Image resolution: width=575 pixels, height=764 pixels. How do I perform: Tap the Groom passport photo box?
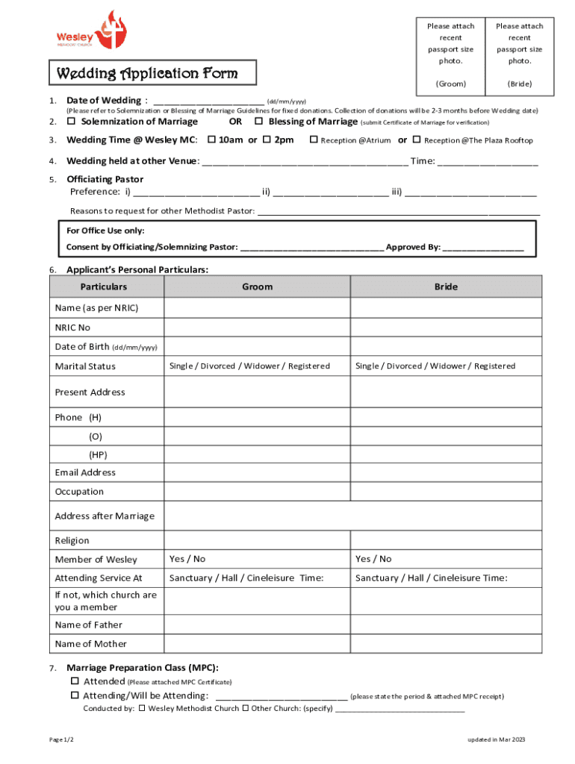click(450, 55)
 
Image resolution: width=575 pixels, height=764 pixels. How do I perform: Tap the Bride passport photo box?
click(518, 55)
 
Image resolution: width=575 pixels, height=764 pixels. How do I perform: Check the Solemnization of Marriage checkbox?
click(72, 122)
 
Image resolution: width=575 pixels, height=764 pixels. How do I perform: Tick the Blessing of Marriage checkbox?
click(259, 122)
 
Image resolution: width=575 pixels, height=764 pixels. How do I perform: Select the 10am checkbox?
click(211, 140)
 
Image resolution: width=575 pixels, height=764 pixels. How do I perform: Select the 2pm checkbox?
click(266, 140)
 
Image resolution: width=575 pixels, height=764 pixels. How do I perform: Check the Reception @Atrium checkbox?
click(314, 140)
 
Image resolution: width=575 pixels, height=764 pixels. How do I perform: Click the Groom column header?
click(257, 286)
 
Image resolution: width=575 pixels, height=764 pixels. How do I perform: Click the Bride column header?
click(446, 286)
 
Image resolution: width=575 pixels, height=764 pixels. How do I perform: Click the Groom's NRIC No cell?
click(257, 328)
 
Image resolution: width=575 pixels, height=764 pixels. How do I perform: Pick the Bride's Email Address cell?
click(446, 472)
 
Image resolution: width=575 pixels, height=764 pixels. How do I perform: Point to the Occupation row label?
click(79, 492)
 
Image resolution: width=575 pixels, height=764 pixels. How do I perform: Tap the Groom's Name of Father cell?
click(257, 624)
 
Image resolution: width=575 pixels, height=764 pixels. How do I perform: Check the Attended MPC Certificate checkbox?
click(75, 681)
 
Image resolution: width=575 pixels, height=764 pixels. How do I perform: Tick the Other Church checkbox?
click(245, 708)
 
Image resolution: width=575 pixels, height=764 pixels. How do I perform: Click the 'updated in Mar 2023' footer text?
click(497, 739)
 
